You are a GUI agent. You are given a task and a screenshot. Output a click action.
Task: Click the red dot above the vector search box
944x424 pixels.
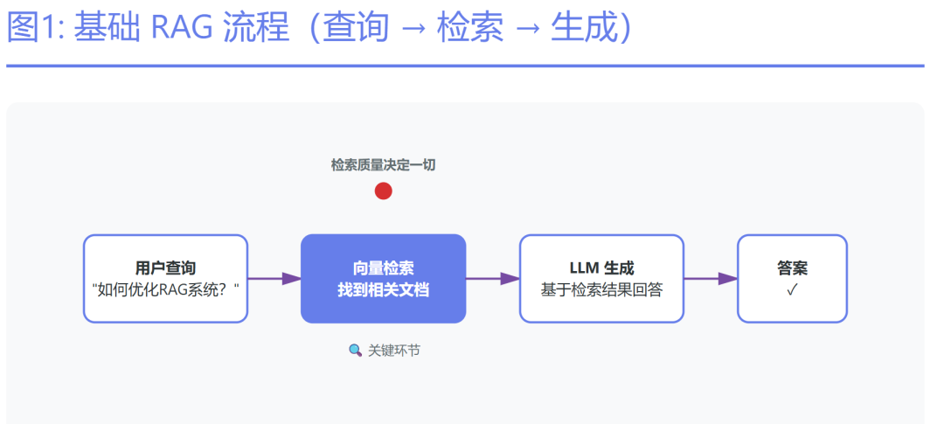(x=383, y=191)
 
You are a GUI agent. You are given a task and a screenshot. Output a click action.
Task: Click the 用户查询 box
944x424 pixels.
(x=165, y=279)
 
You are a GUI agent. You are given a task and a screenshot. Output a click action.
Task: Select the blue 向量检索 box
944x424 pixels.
(x=383, y=279)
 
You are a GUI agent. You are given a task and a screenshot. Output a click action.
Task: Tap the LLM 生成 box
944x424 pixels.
(x=601, y=279)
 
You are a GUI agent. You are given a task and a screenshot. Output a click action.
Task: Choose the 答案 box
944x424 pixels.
(x=792, y=279)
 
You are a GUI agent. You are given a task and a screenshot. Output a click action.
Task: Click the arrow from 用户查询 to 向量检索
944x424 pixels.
(x=274, y=279)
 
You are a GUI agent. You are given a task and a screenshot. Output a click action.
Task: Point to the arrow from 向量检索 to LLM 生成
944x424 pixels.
(x=493, y=279)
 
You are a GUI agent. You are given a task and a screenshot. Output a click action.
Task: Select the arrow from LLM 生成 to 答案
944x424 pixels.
(x=711, y=279)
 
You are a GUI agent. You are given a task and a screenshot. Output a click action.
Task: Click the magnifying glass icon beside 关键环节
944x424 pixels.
(x=355, y=350)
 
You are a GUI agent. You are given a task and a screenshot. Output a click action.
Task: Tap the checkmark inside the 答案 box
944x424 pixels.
(x=792, y=290)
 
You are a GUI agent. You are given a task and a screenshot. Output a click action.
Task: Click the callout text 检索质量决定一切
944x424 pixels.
(x=383, y=164)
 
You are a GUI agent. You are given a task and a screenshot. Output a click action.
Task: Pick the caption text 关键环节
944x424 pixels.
(x=394, y=350)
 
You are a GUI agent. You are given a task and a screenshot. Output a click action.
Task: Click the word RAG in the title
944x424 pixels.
(x=181, y=29)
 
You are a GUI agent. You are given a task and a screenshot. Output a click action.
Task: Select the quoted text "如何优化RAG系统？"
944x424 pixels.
(x=165, y=289)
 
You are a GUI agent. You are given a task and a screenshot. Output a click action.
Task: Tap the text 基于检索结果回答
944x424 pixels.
(x=601, y=289)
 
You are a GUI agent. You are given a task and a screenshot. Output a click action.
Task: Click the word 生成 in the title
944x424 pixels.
(x=583, y=29)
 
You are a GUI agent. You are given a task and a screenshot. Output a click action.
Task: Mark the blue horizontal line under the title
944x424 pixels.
(x=465, y=66)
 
